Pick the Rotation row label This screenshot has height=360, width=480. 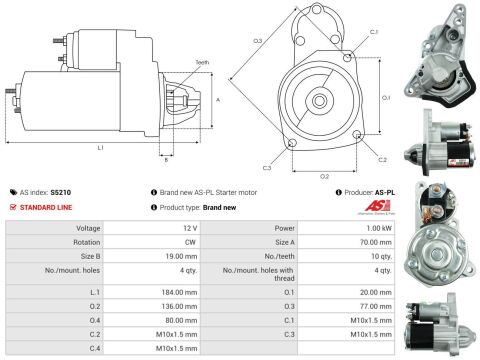[86, 241]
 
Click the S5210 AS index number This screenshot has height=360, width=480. [61, 192]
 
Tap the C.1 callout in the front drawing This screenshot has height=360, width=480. [373, 33]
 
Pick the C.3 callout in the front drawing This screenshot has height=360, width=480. [267, 168]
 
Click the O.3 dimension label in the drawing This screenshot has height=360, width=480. [257, 40]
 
